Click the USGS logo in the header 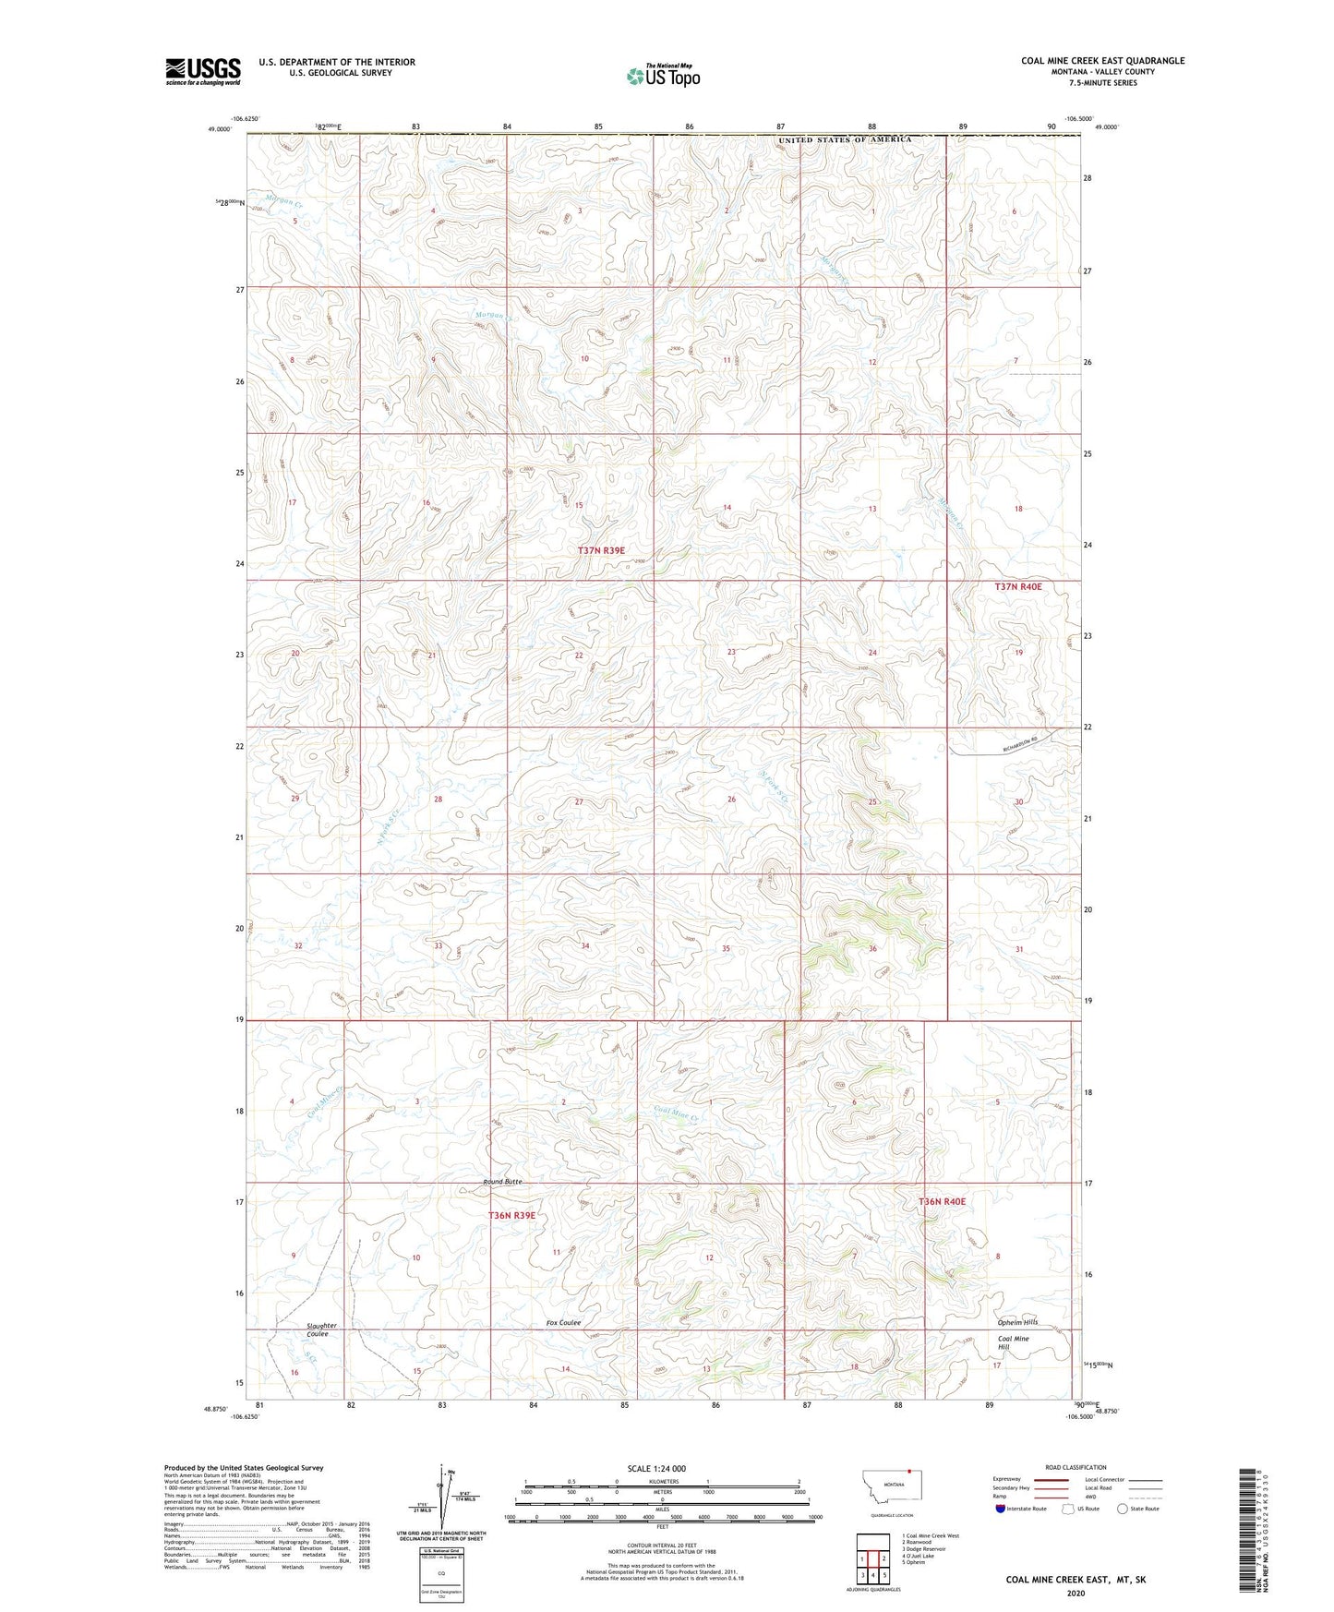point(202,71)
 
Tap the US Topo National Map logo point(663,75)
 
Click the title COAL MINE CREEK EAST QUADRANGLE point(1102,61)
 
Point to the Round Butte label point(503,1182)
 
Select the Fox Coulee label point(563,1322)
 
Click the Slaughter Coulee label point(321,1329)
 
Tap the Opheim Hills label point(1017,1322)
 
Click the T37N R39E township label point(601,550)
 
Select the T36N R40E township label point(942,1201)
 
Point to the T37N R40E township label point(1017,586)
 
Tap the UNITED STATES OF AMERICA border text point(844,139)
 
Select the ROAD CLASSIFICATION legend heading point(1076,1467)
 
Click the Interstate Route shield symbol point(1001,1509)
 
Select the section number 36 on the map point(872,948)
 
